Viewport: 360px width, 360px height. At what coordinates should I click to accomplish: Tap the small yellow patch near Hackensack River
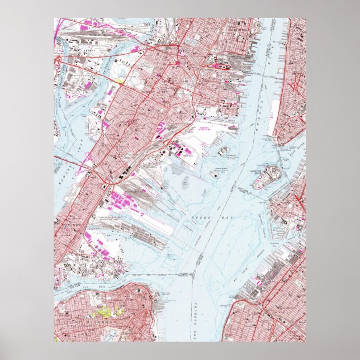pos(120,80)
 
